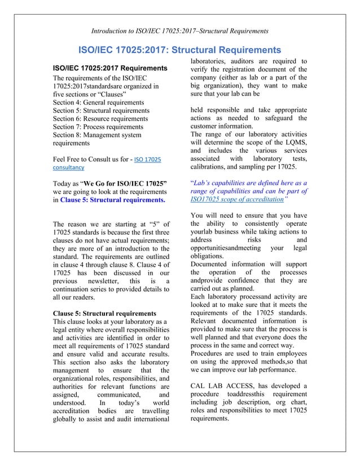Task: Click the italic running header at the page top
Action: point(179,29)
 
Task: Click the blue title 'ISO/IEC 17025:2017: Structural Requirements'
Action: point(179,50)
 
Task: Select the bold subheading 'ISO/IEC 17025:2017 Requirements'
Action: point(109,68)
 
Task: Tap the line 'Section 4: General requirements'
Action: point(99,102)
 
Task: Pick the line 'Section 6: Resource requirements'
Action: point(100,118)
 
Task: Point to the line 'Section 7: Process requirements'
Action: point(98,127)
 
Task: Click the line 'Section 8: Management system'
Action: point(97,135)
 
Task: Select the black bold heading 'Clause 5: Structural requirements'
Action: point(104,313)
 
